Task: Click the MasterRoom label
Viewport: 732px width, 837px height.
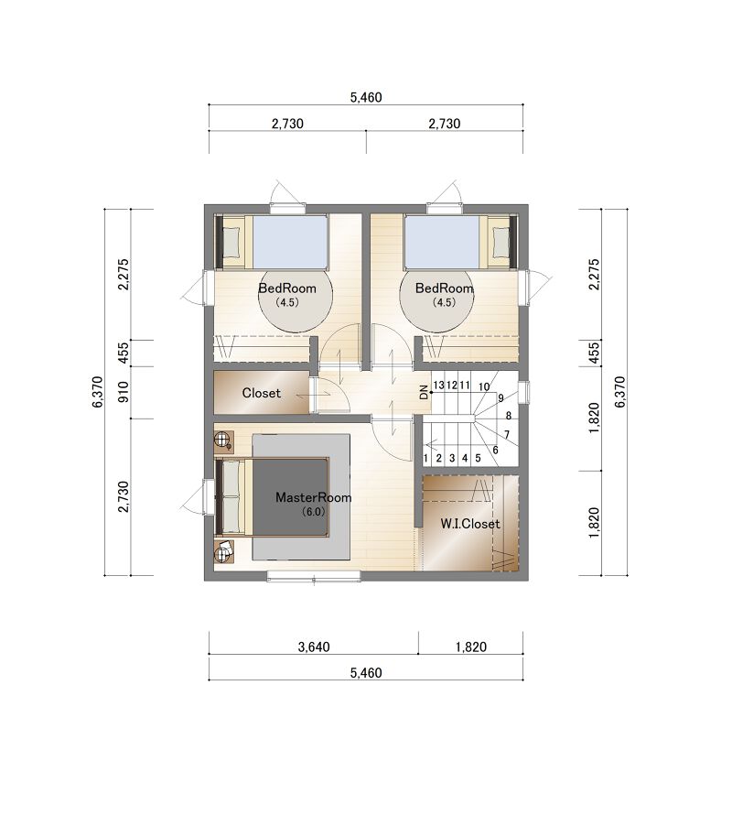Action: click(x=313, y=497)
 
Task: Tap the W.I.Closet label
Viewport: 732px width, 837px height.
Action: click(x=470, y=524)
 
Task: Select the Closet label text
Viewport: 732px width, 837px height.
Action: click(x=261, y=393)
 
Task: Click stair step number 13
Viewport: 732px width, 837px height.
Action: click(x=438, y=385)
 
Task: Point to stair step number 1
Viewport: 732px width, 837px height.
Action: click(x=425, y=458)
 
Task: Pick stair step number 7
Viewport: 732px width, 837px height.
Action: click(x=507, y=434)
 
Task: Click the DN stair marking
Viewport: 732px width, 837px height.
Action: click(x=425, y=392)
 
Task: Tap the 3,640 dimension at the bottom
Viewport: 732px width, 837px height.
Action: click(x=314, y=647)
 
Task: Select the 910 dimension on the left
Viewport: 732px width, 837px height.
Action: click(x=124, y=392)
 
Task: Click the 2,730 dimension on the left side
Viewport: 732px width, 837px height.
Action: click(x=124, y=497)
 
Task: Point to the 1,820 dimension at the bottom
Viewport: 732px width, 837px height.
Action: click(x=471, y=647)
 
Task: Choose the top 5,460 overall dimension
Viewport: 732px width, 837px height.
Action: click(x=366, y=97)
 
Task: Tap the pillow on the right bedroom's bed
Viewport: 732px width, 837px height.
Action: click(x=501, y=242)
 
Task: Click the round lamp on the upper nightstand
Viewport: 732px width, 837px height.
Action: click(x=221, y=440)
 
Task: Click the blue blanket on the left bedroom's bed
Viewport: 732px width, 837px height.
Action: click(x=290, y=243)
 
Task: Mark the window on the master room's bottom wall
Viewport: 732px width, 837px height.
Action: click(x=314, y=577)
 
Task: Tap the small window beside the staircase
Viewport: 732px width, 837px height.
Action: click(x=524, y=391)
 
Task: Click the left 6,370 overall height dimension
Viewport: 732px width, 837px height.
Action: click(x=97, y=392)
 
